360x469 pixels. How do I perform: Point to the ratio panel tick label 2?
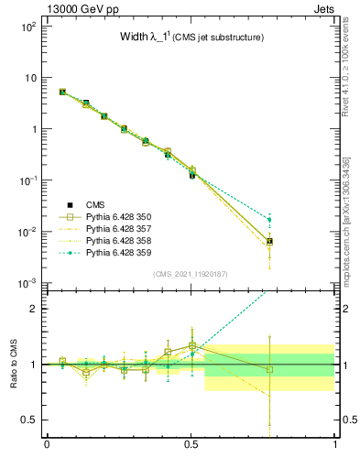(35, 309)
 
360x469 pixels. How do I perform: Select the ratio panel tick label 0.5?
(30, 420)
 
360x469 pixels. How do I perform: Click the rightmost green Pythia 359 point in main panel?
(268, 219)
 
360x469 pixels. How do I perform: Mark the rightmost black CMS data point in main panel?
(268, 241)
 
